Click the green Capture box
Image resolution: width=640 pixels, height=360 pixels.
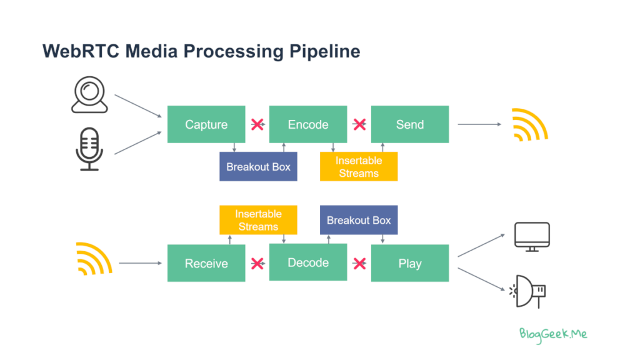(x=206, y=124)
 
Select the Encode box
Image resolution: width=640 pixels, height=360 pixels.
(x=308, y=124)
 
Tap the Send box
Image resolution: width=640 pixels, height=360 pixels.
(x=410, y=124)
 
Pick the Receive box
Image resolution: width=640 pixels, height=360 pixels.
(x=206, y=263)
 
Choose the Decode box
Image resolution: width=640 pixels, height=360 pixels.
(x=308, y=262)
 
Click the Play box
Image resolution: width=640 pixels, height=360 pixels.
(x=410, y=263)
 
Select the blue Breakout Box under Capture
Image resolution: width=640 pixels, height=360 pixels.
(x=258, y=166)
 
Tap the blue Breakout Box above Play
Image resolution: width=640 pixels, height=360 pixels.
(x=359, y=220)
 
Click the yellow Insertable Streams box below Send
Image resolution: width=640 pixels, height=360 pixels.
(x=359, y=166)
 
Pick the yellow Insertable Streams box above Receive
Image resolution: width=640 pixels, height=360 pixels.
(x=258, y=220)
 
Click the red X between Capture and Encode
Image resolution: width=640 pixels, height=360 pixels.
(x=257, y=124)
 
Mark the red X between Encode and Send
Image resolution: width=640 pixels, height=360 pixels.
(x=359, y=124)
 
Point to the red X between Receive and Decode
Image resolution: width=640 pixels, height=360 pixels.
(x=257, y=263)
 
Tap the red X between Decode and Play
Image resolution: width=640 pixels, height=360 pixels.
(x=359, y=263)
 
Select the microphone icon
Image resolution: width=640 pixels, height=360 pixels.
(x=89, y=149)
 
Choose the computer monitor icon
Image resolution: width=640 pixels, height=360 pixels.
(x=532, y=236)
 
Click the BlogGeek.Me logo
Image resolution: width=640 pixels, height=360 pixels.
(x=553, y=335)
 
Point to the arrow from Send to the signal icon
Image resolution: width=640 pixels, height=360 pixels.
(x=479, y=124)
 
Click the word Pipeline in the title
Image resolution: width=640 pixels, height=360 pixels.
(x=325, y=52)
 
